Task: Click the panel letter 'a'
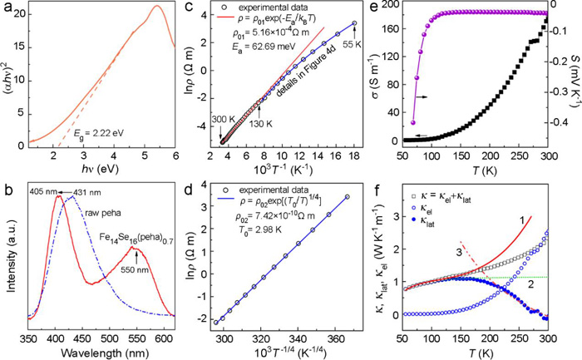(7, 7)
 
